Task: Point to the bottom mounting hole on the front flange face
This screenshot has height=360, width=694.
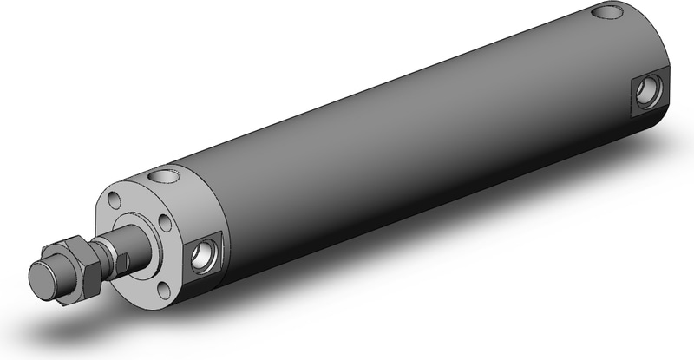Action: coord(143,279)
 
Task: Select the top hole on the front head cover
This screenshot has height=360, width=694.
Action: coord(162,177)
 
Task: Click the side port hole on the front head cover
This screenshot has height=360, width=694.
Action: coord(205,253)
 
